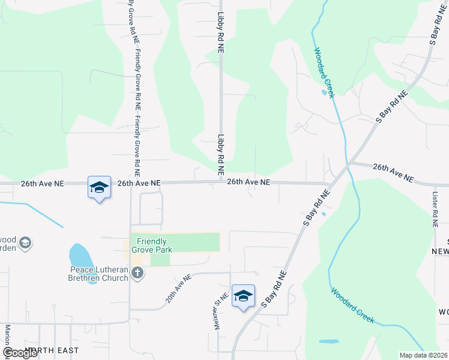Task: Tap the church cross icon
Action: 137,274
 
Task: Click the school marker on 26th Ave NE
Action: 99,187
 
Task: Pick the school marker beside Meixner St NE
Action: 243,296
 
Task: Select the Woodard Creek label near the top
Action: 325,72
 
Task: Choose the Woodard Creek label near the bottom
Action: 353,305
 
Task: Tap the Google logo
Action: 20,353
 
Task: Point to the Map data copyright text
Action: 424,355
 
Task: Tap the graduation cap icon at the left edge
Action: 25,243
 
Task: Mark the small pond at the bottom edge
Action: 329,341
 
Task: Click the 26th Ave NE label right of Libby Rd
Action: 249,181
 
